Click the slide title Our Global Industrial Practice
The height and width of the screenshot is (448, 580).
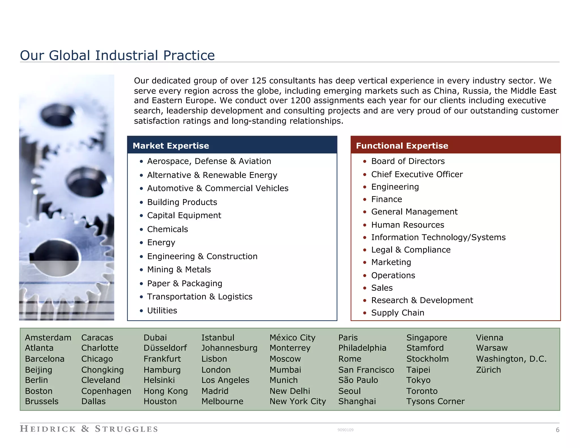click(x=117, y=55)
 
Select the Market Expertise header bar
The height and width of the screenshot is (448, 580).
click(x=232, y=145)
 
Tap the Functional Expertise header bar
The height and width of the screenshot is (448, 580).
click(x=455, y=145)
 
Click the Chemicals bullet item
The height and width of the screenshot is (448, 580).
click(x=167, y=229)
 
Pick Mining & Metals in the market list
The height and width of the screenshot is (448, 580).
click(x=179, y=270)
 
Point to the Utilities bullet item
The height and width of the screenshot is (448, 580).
click(x=162, y=311)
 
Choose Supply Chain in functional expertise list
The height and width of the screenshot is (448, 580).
click(x=397, y=313)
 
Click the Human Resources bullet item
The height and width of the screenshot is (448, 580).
click(x=408, y=225)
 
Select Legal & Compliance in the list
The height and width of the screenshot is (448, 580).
click(x=411, y=250)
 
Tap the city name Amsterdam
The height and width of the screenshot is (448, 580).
click(x=48, y=338)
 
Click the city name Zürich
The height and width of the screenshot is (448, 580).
click(x=488, y=370)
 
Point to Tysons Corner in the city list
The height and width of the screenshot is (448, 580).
click(x=435, y=402)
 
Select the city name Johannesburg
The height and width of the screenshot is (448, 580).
click(x=229, y=348)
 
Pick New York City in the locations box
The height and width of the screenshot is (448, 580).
click(x=297, y=402)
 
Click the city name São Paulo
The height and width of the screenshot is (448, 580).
click(x=358, y=380)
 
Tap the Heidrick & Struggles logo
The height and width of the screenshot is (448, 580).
click(x=89, y=429)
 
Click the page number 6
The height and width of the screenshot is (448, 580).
click(x=557, y=430)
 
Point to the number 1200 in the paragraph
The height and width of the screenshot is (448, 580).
click(x=300, y=101)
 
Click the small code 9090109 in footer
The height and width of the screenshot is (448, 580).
click(x=345, y=430)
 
